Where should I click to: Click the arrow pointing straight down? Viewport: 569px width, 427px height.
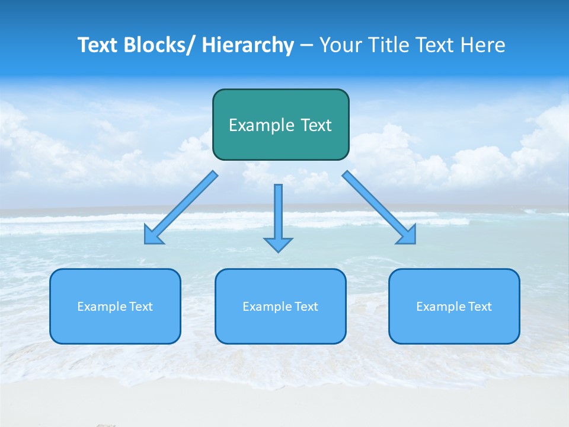click(x=278, y=216)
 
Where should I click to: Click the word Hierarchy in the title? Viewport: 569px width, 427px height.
click(x=248, y=45)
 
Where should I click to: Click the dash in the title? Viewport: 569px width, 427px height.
click(x=306, y=46)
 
